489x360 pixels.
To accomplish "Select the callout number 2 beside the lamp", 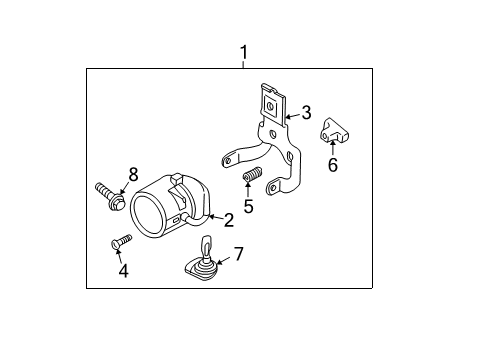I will pos(228,219).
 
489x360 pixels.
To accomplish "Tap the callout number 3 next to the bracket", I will pos(306,113).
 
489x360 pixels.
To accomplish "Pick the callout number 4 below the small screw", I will pos(123,270).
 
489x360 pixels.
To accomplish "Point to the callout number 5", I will pos(249,208).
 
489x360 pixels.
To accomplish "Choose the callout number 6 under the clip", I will pos(333,165).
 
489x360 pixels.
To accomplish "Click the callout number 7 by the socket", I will pos(238,255).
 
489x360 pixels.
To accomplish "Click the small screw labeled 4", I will pos(121,241).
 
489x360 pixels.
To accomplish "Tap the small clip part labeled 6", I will pos(333,131).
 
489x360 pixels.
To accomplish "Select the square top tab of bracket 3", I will pos(270,100).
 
